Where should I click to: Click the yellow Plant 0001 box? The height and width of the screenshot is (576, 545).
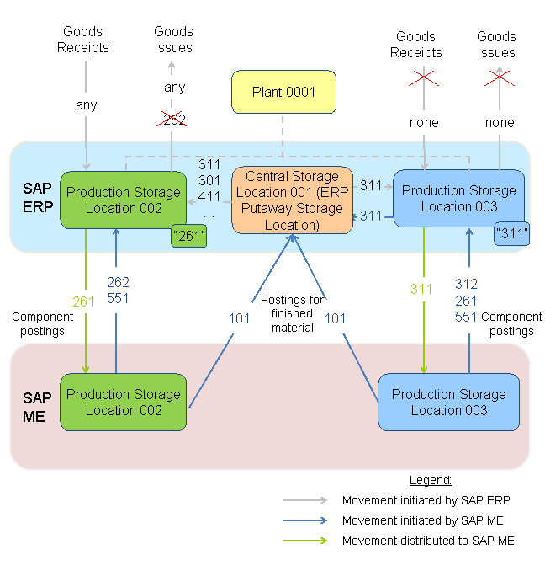[283, 92]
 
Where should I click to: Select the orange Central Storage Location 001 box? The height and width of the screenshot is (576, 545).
[292, 200]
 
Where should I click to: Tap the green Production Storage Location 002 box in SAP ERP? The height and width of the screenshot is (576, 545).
[123, 200]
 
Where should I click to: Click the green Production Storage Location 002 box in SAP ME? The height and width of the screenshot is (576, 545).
[123, 402]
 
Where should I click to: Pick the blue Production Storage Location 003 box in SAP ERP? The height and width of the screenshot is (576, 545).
[458, 198]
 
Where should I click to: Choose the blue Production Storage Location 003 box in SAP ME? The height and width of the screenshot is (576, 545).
[448, 402]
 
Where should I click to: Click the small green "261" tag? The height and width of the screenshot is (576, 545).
[189, 235]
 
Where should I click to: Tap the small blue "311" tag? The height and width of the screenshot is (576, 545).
[512, 232]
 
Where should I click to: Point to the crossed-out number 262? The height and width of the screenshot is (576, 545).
[173, 120]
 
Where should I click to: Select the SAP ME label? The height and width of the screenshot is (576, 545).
[37, 405]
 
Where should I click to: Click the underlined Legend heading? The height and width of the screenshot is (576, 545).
[430, 480]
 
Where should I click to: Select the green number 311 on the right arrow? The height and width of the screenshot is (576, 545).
[421, 289]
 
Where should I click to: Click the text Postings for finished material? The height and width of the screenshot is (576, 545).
[292, 314]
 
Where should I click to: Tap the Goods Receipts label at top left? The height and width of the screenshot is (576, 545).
[83, 40]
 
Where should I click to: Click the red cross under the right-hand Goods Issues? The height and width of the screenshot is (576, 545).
[500, 79]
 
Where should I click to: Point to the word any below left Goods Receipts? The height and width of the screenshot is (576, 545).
[86, 105]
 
